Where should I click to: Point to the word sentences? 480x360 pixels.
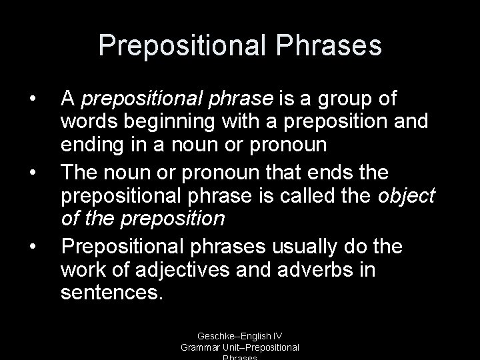tap(111, 293)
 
